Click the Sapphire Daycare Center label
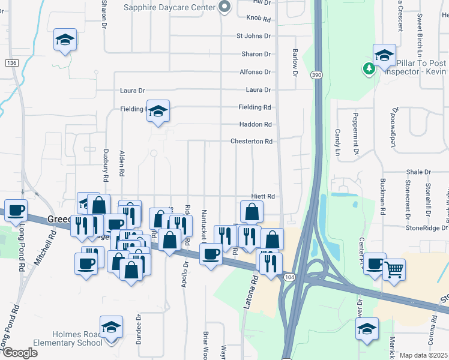pyautogui.click(x=169, y=7)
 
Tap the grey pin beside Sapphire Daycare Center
pyautogui.click(x=224, y=7)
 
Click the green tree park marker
pyautogui.click(x=369, y=68)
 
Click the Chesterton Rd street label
pyautogui.click(x=252, y=142)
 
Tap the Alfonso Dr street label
pyautogui.click(x=255, y=72)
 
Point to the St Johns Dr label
pyautogui.click(x=253, y=36)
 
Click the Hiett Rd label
pyautogui.click(x=263, y=196)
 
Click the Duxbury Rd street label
pyautogui.click(x=105, y=171)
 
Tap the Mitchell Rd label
pyautogui.click(x=45, y=248)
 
